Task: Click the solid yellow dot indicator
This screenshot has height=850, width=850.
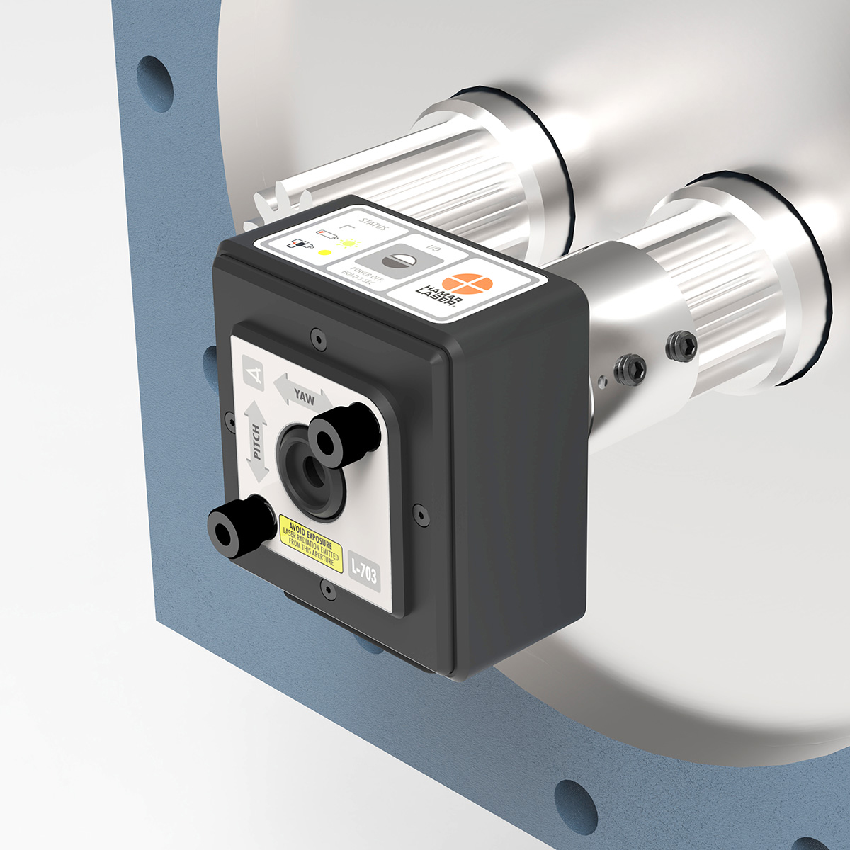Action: coord(325,252)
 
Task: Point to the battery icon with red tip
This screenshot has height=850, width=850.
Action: coord(328,233)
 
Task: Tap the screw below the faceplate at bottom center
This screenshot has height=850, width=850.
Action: coord(327,588)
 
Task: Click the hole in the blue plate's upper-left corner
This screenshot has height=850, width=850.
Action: coord(154,83)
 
